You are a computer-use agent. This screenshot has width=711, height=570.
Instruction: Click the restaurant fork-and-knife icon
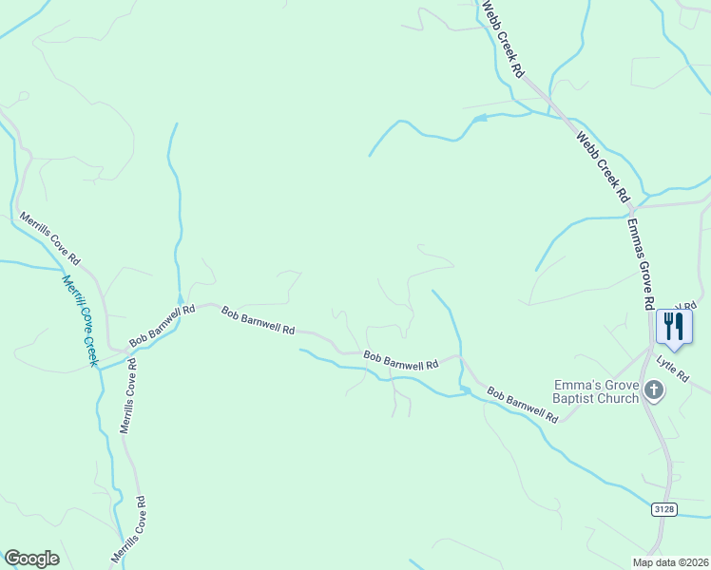tap(674, 327)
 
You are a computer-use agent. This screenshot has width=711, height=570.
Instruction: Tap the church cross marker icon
tap(653, 389)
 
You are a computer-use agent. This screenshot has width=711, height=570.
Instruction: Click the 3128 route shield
tap(663, 510)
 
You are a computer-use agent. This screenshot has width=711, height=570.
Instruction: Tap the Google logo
tap(31, 559)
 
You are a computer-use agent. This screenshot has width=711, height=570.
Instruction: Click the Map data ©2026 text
tap(669, 562)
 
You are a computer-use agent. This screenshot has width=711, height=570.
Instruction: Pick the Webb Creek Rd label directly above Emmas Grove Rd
tap(603, 166)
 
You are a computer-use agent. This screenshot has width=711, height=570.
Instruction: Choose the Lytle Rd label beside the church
tap(672, 369)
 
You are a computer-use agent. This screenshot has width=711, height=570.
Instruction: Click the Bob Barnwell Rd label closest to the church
tap(522, 404)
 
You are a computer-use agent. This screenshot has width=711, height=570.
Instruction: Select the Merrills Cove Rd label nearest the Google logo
tap(129, 529)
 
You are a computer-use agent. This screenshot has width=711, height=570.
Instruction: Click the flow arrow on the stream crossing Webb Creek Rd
tap(480, 118)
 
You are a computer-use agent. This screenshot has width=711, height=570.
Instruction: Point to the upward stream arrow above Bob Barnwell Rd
tap(180, 298)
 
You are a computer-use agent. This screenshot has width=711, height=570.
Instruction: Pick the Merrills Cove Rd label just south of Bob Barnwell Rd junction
tap(127, 395)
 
